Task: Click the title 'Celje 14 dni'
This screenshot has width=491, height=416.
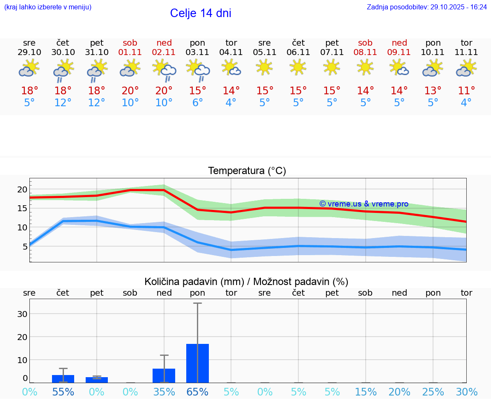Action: [x=200, y=13]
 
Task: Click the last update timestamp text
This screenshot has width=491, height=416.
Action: [x=427, y=7]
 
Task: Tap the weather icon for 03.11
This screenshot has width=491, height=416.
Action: [x=198, y=70]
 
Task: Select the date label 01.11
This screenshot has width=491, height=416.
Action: [x=130, y=52]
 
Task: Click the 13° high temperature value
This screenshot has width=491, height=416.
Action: [x=433, y=90]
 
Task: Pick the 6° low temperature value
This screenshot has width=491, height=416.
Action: [x=197, y=103]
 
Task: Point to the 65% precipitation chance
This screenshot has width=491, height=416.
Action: [x=197, y=392]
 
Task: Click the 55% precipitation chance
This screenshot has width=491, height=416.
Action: [x=63, y=392]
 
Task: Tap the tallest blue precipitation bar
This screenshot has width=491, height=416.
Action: [x=197, y=363]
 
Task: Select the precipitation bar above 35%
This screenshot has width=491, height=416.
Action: [x=164, y=375]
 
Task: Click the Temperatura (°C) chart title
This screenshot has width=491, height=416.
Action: [x=247, y=171]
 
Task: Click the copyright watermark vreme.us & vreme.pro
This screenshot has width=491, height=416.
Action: [x=364, y=204]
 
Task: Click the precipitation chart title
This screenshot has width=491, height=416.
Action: [x=246, y=282]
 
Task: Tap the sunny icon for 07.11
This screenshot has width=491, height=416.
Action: [x=332, y=67]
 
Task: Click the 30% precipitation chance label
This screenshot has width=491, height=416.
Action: [x=466, y=392]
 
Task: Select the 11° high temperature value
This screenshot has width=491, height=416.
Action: [x=466, y=90]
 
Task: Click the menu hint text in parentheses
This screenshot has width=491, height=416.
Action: [x=48, y=7]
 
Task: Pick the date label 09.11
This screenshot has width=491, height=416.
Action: [x=399, y=52]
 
